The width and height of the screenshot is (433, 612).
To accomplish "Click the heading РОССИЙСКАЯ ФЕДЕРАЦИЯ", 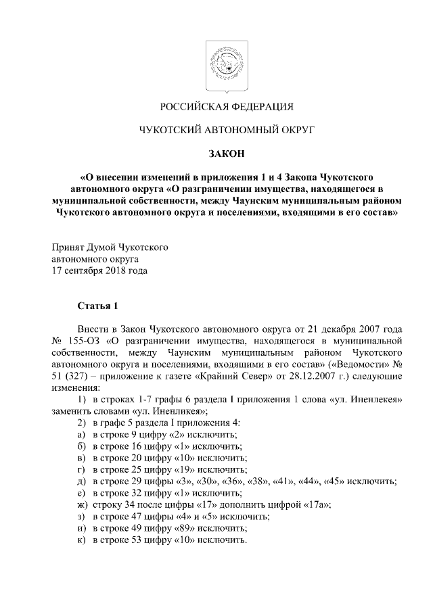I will tap(226, 107).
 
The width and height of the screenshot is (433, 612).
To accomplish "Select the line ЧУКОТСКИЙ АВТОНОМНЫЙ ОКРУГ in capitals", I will tap(226, 130).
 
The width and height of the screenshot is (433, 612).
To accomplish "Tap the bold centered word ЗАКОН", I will tap(226, 154).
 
